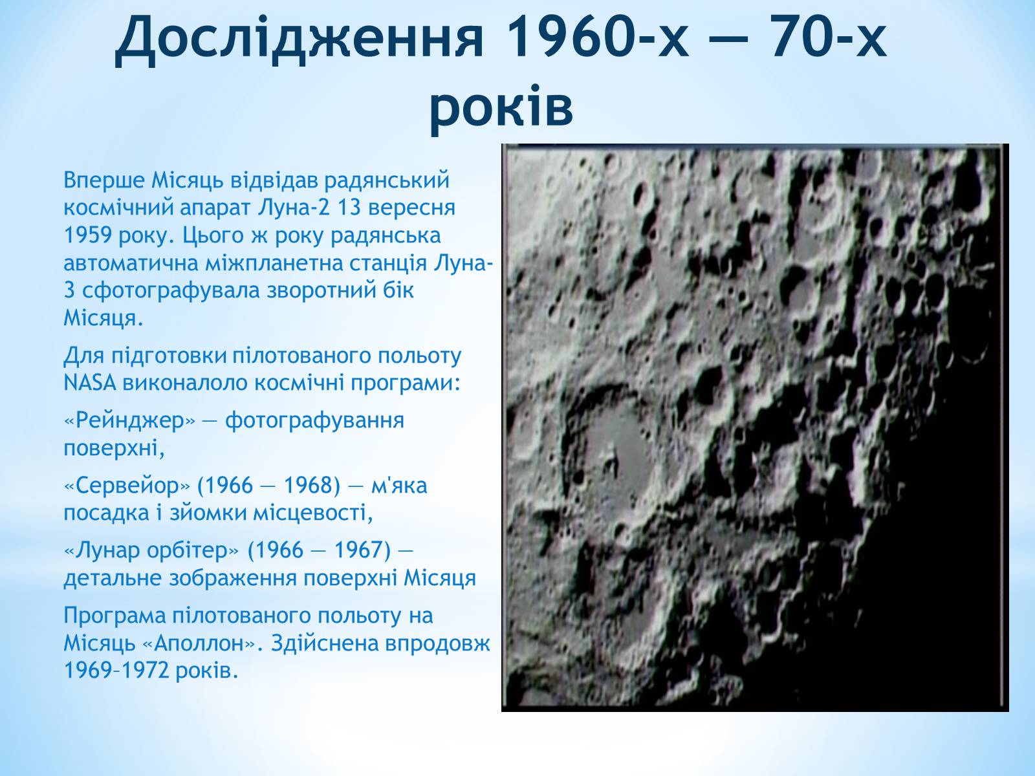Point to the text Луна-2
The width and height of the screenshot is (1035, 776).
[x=294, y=208]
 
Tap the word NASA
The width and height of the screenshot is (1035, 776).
[x=89, y=383]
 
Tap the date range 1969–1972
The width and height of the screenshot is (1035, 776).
[x=116, y=671]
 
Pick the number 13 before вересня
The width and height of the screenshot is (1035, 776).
[x=349, y=208]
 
